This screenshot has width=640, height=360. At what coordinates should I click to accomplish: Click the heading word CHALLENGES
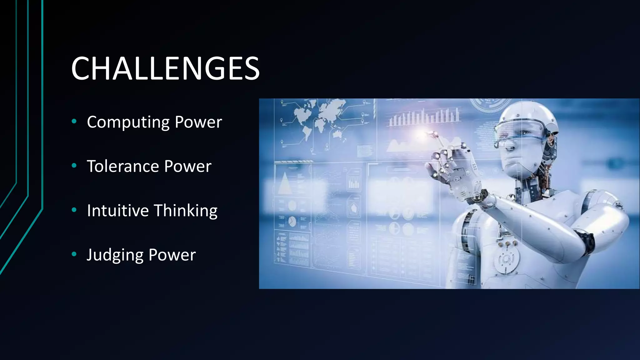click(165, 68)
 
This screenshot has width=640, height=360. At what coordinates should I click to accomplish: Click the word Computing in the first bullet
click(128, 122)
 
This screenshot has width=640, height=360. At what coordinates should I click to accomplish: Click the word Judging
click(115, 255)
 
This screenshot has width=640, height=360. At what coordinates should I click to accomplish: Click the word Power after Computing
click(198, 122)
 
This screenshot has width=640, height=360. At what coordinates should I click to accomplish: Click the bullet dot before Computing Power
click(74, 121)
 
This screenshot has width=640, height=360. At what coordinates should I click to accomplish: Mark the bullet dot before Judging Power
click(74, 254)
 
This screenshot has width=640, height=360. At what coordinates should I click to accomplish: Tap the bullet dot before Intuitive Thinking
click(74, 210)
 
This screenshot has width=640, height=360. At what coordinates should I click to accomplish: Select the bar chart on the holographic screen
click(423, 117)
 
